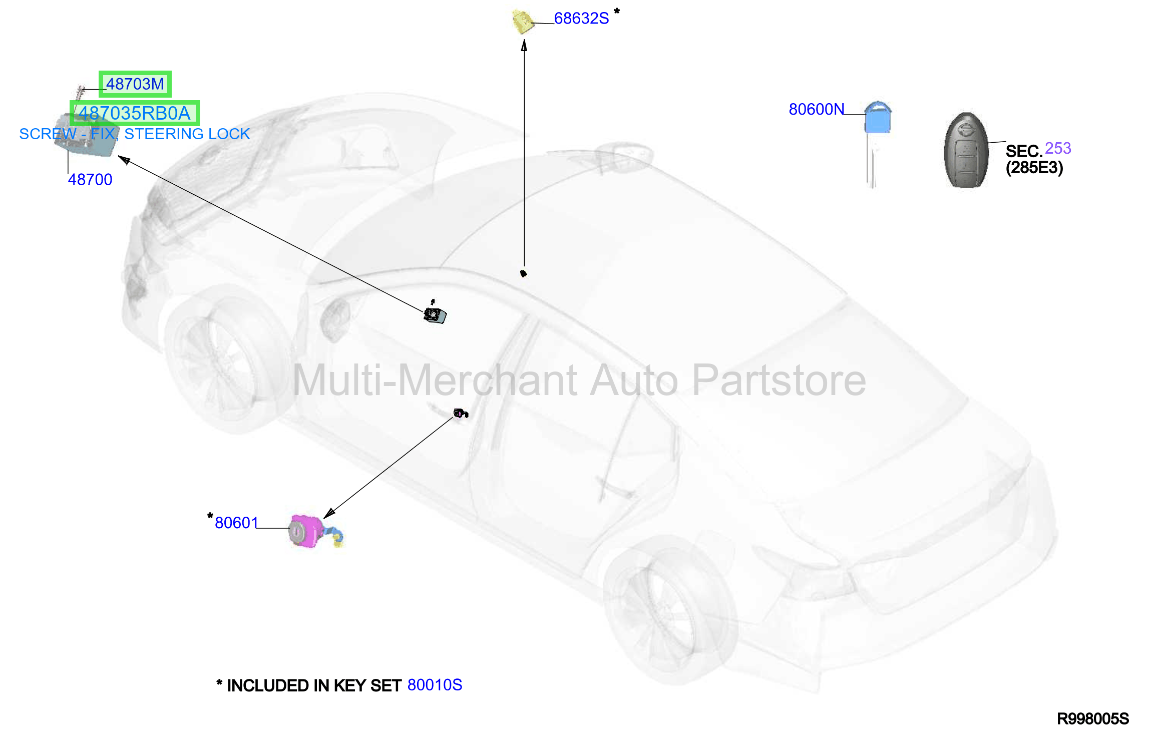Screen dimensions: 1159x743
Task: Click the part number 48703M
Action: coord(135,84)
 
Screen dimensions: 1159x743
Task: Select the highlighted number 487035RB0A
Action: coord(135,113)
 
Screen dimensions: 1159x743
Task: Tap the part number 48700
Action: coord(90,179)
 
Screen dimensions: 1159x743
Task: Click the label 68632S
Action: coord(581,19)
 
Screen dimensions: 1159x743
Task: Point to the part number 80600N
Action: coord(817,109)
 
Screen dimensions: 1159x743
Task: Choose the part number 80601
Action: coord(236,523)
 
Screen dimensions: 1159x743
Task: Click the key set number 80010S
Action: coord(435,685)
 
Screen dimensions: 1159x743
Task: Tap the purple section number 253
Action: coord(1058,148)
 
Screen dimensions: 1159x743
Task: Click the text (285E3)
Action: coord(1034,168)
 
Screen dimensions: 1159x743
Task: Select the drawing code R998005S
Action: coord(1093,719)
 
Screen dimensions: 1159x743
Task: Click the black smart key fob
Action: coord(966,150)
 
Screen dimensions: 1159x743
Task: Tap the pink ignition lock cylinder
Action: coord(305,531)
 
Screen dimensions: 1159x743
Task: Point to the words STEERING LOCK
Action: coord(187,134)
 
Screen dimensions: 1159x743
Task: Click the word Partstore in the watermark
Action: coord(779,380)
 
